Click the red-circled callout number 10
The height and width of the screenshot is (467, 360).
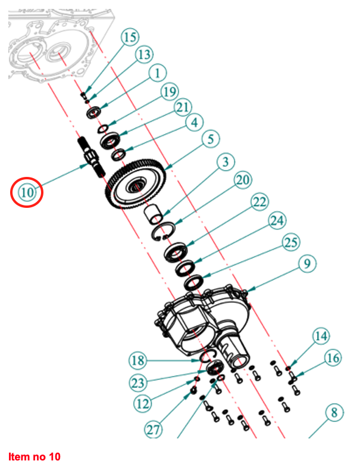point(27,192)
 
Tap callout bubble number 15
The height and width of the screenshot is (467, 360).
point(130,37)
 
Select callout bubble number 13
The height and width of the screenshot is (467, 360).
point(143,55)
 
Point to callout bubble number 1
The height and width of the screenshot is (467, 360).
point(156,73)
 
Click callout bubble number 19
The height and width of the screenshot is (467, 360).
point(170,91)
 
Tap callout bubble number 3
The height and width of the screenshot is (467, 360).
point(224,161)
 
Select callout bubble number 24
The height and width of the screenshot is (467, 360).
point(276,222)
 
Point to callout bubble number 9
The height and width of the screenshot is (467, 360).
point(308,264)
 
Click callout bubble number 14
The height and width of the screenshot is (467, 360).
point(321,337)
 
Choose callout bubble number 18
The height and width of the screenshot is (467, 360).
point(137,360)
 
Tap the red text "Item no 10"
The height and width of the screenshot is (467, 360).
point(35,457)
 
